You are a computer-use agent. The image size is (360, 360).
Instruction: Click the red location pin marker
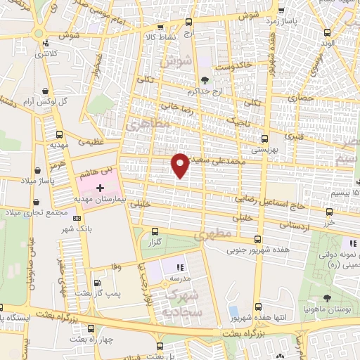point(181,165)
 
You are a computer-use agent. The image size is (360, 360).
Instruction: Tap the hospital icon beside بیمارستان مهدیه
point(99,188)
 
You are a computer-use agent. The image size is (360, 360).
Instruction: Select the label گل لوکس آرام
point(68,101)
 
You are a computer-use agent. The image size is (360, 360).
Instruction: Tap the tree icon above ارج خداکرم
point(205,79)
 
